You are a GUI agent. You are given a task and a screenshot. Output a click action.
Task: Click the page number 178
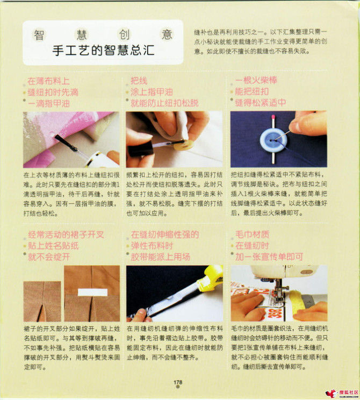(178, 382)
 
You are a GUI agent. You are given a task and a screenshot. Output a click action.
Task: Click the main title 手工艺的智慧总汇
(103, 51)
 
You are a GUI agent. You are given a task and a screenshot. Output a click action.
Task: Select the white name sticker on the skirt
(92, 292)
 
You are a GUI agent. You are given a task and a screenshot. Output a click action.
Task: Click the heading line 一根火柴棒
(256, 81)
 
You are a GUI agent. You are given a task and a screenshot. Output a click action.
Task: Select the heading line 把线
(139, 81)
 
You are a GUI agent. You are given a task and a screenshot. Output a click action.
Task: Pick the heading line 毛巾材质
(253, 234)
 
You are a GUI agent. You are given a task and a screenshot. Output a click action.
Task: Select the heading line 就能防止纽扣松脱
(164, 103)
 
